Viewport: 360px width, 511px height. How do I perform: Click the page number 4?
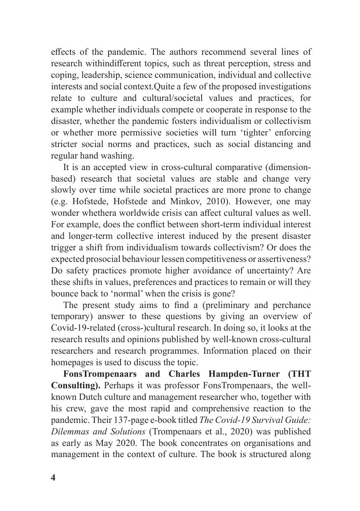(x=53, y=478)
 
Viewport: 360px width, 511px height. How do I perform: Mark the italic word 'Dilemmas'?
(x=67, y=432)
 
